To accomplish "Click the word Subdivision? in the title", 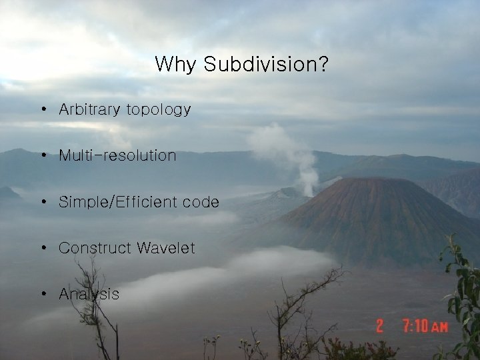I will pyautogui.click(x=265, y=65).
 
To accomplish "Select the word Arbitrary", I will pyautogui.click(x=89, y=109).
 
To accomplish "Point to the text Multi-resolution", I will pyautogui.click(x=117, y=156).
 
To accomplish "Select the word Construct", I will pyautogui.click(x=95, y=248).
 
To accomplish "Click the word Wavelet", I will pyautogui.click(x=166, y=248).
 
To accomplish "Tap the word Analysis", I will pyautogui.click(x=89, y=294).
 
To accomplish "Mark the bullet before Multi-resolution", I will pyautogui.click(x=43, y=156).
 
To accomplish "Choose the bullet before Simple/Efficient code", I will pyautogui.click(x=43, y=202).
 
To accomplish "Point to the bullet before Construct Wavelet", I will pyautogui.click(x=43, y=248).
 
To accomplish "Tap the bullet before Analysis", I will pyautogui.click(x=43, y=294).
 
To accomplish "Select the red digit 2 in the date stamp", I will pyautogui.click(x=380, y=326).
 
